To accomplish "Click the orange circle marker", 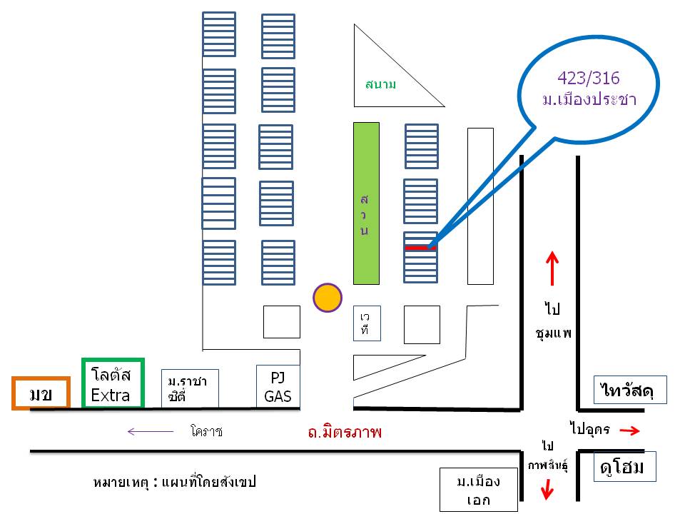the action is coord(328,298).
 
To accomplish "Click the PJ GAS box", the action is coord(278,387).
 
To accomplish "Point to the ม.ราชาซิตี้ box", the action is coord(190,388).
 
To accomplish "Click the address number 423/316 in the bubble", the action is coord(589,79).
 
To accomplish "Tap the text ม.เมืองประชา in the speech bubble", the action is coord(589,100).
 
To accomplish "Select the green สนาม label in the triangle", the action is coord(381,84).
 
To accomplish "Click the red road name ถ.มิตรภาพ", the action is coord(345,433).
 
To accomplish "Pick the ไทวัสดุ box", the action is coord(630,390).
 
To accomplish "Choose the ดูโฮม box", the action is coord(625,467).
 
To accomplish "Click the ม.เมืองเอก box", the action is coord(478,490).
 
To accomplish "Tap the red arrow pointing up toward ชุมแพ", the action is coord(552,268).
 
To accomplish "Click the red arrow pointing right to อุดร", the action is coord(629,431).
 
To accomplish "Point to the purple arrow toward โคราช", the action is coord(151,432).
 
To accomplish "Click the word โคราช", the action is coord(207,431).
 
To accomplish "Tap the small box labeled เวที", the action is coord(367,323).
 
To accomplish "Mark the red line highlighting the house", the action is coord(420,248).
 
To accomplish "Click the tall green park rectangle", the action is coord(366,203).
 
